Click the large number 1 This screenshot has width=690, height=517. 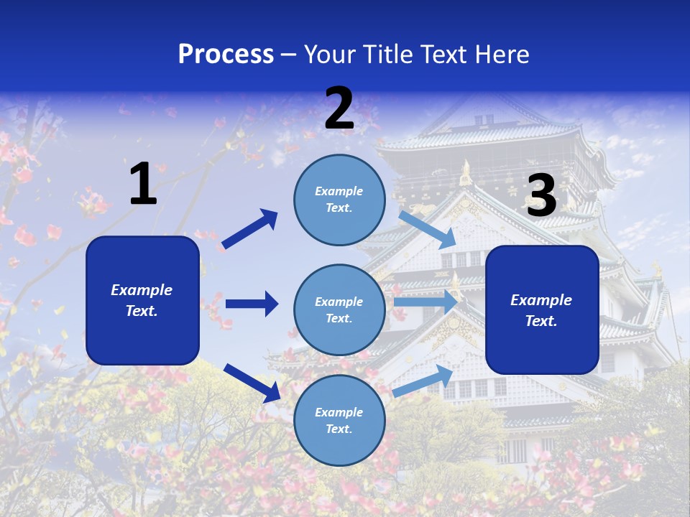143,184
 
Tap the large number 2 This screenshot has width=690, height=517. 339,108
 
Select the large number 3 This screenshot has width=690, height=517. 541,196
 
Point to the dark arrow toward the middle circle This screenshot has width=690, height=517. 252,304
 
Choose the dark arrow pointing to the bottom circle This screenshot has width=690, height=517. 252,382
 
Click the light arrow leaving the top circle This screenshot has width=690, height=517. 427,229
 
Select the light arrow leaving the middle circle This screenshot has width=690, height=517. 425,302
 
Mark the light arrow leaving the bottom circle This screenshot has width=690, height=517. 423,381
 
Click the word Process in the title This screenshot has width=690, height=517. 226,54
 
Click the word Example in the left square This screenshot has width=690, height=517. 142,290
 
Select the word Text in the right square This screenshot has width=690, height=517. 540,321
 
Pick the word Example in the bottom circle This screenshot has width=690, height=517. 339,412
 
